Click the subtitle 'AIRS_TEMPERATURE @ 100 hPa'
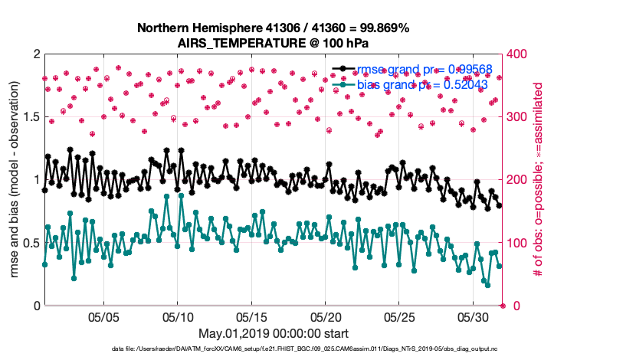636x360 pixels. pyautogui.click(x=273, y=42)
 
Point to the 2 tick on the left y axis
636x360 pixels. pyautogui.click(x=36, y=54)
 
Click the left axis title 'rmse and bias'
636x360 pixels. pyautogui.click(x=15, y=179)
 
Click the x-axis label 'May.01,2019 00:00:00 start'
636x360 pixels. pyautogui.click(x=274, y=333)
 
